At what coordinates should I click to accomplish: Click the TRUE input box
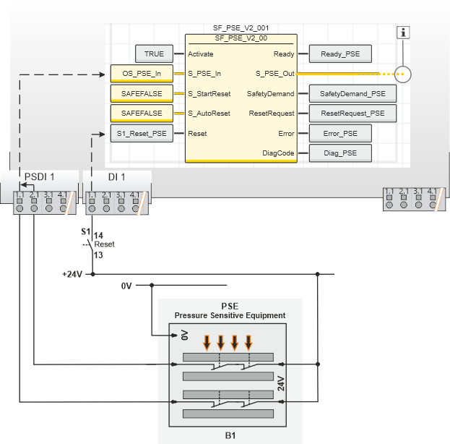[x=154, y=54]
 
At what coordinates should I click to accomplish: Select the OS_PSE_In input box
[x=142, y=73]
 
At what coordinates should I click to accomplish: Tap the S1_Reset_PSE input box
[x=142, y=133]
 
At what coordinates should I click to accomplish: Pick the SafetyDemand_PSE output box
[x=352, y=93]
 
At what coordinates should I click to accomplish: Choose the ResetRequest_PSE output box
[x=352, y=113]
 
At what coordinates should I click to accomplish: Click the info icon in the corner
[x=404, y=32]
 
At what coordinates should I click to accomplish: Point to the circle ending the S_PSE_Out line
[x=404, y=74]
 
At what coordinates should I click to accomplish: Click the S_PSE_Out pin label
[x=274, y=74]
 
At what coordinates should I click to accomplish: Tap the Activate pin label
[x=201, y=54]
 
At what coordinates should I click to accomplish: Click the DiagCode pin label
[x=277, y=153]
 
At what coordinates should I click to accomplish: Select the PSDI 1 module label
[x=40, y=177]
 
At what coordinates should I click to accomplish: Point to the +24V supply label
[x=72, y=274]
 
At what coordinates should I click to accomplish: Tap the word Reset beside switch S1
[x=105, y=244]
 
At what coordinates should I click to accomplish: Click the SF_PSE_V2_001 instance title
[x=241, y=27]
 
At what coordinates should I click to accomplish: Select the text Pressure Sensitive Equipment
[x=230, y=315]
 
